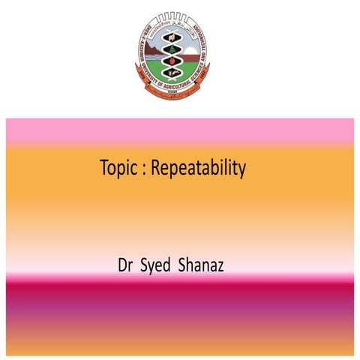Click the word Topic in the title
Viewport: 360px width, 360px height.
click(119, 169)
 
